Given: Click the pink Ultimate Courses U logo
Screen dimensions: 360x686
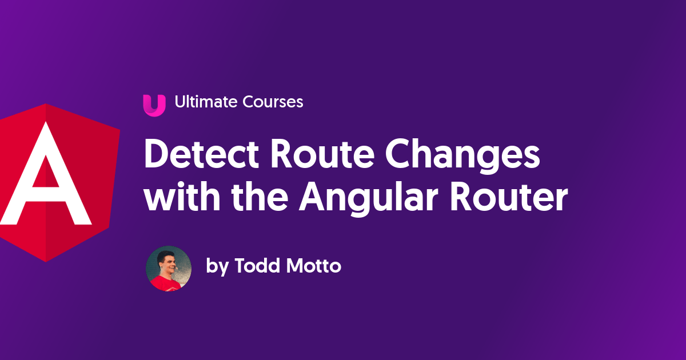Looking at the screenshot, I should [x=154, y=105].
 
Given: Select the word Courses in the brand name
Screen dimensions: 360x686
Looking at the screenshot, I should [x=273, y=102].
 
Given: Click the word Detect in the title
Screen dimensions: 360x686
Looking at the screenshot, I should [x=197, y=155].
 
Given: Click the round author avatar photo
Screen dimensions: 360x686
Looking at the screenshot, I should [x=169, y=269].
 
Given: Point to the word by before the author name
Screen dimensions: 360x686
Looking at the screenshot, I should [x=217, y=267].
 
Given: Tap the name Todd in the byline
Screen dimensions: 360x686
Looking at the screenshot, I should [x=258, y=266].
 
